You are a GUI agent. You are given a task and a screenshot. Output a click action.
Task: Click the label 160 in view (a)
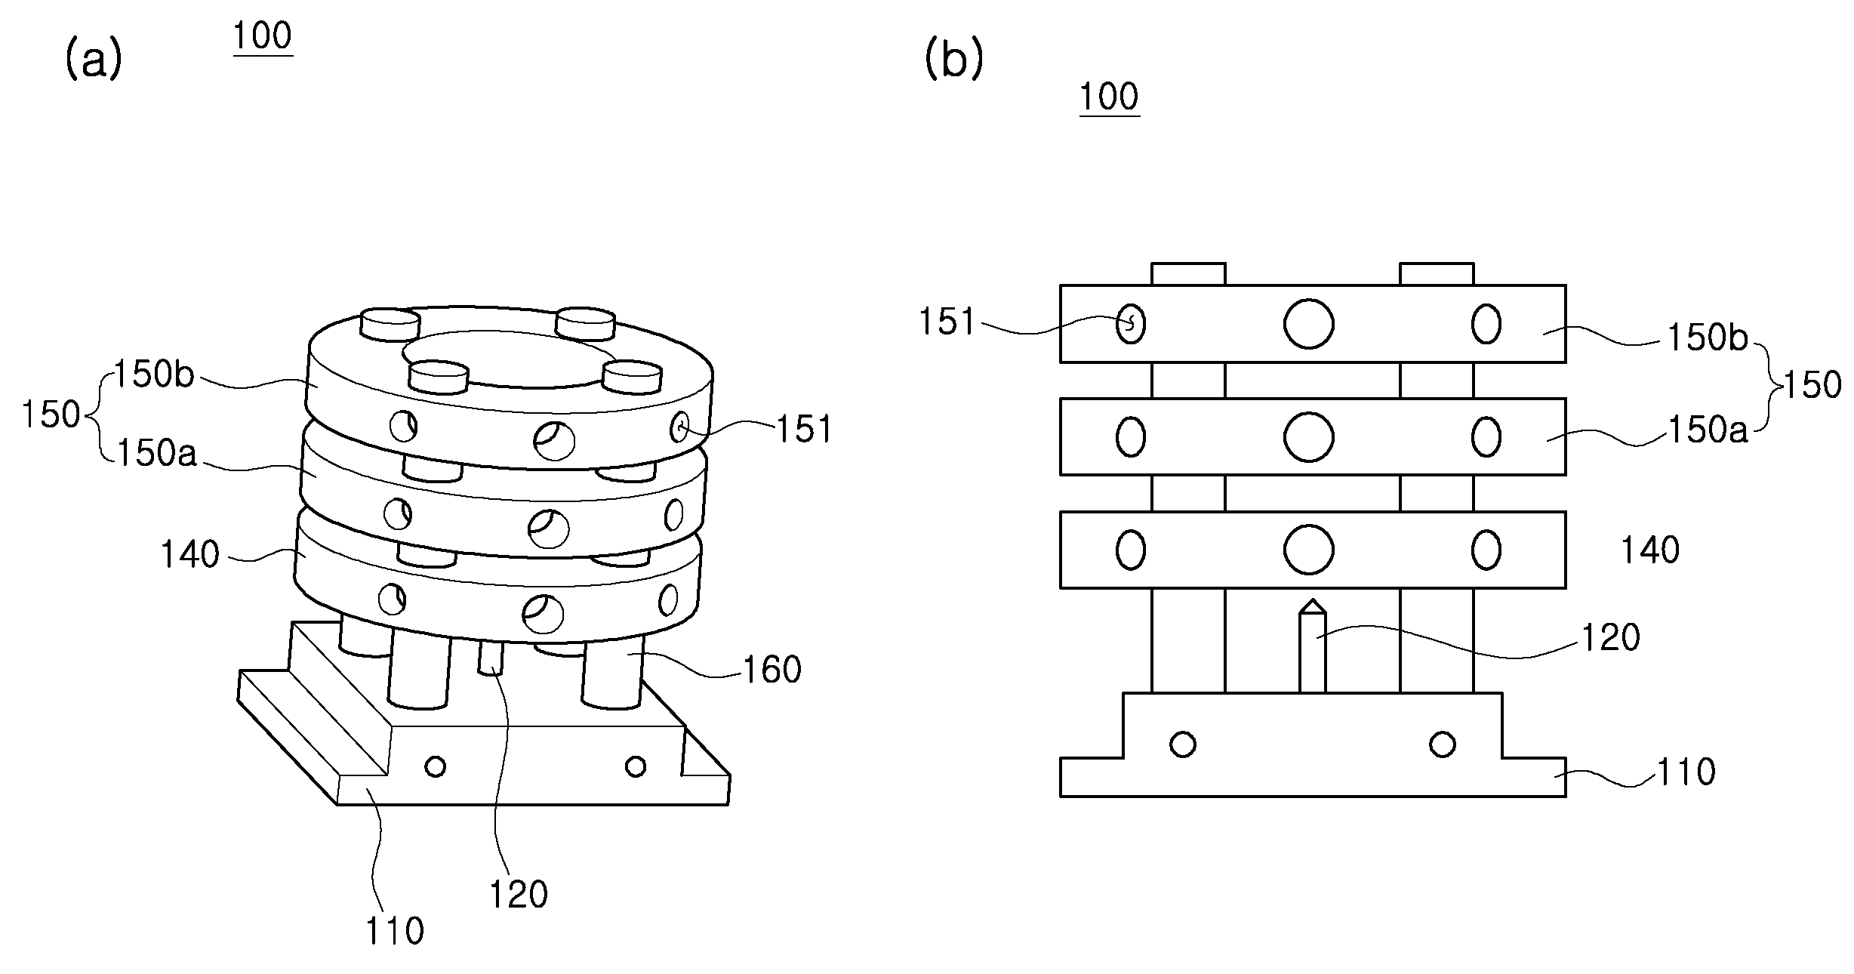tap(771, 670)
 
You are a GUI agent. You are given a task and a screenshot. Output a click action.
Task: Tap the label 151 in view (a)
tap(805, 430)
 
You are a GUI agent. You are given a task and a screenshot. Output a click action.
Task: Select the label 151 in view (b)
tap(947, 322)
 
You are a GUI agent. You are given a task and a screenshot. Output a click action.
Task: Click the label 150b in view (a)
tap(154, 374)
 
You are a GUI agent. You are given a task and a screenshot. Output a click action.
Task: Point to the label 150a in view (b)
tap(1707, 430)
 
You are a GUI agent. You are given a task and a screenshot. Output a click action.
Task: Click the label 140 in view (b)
tap(1650, 550)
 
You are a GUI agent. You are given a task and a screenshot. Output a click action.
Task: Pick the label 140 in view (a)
tap(189, 555)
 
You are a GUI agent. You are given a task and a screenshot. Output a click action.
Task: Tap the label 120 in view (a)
tap(519, 895)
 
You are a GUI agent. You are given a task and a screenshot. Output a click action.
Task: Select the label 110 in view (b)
tap(1686, 772)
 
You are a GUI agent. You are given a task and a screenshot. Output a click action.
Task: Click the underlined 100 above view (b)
tap(1109, 97)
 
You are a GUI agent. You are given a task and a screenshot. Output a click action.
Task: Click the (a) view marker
tap(94, 60)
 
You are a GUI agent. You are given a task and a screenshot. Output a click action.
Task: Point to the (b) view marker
tap(954, 60)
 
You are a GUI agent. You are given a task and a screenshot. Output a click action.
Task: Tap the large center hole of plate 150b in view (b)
tap(1308, 324)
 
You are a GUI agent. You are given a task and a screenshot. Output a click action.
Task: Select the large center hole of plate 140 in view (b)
tap(1308, 550)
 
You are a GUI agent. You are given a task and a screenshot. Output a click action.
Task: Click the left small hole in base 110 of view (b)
tap(1182, 744)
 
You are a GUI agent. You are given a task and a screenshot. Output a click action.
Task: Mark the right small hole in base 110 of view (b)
tap(1443, 744)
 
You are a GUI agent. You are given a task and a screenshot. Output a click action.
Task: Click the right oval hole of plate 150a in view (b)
tap(1486, 437)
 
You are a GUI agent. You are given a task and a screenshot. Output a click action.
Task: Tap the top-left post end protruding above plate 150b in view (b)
tap(1188, 274)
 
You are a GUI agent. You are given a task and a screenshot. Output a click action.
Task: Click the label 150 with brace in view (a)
tap(51, 415)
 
